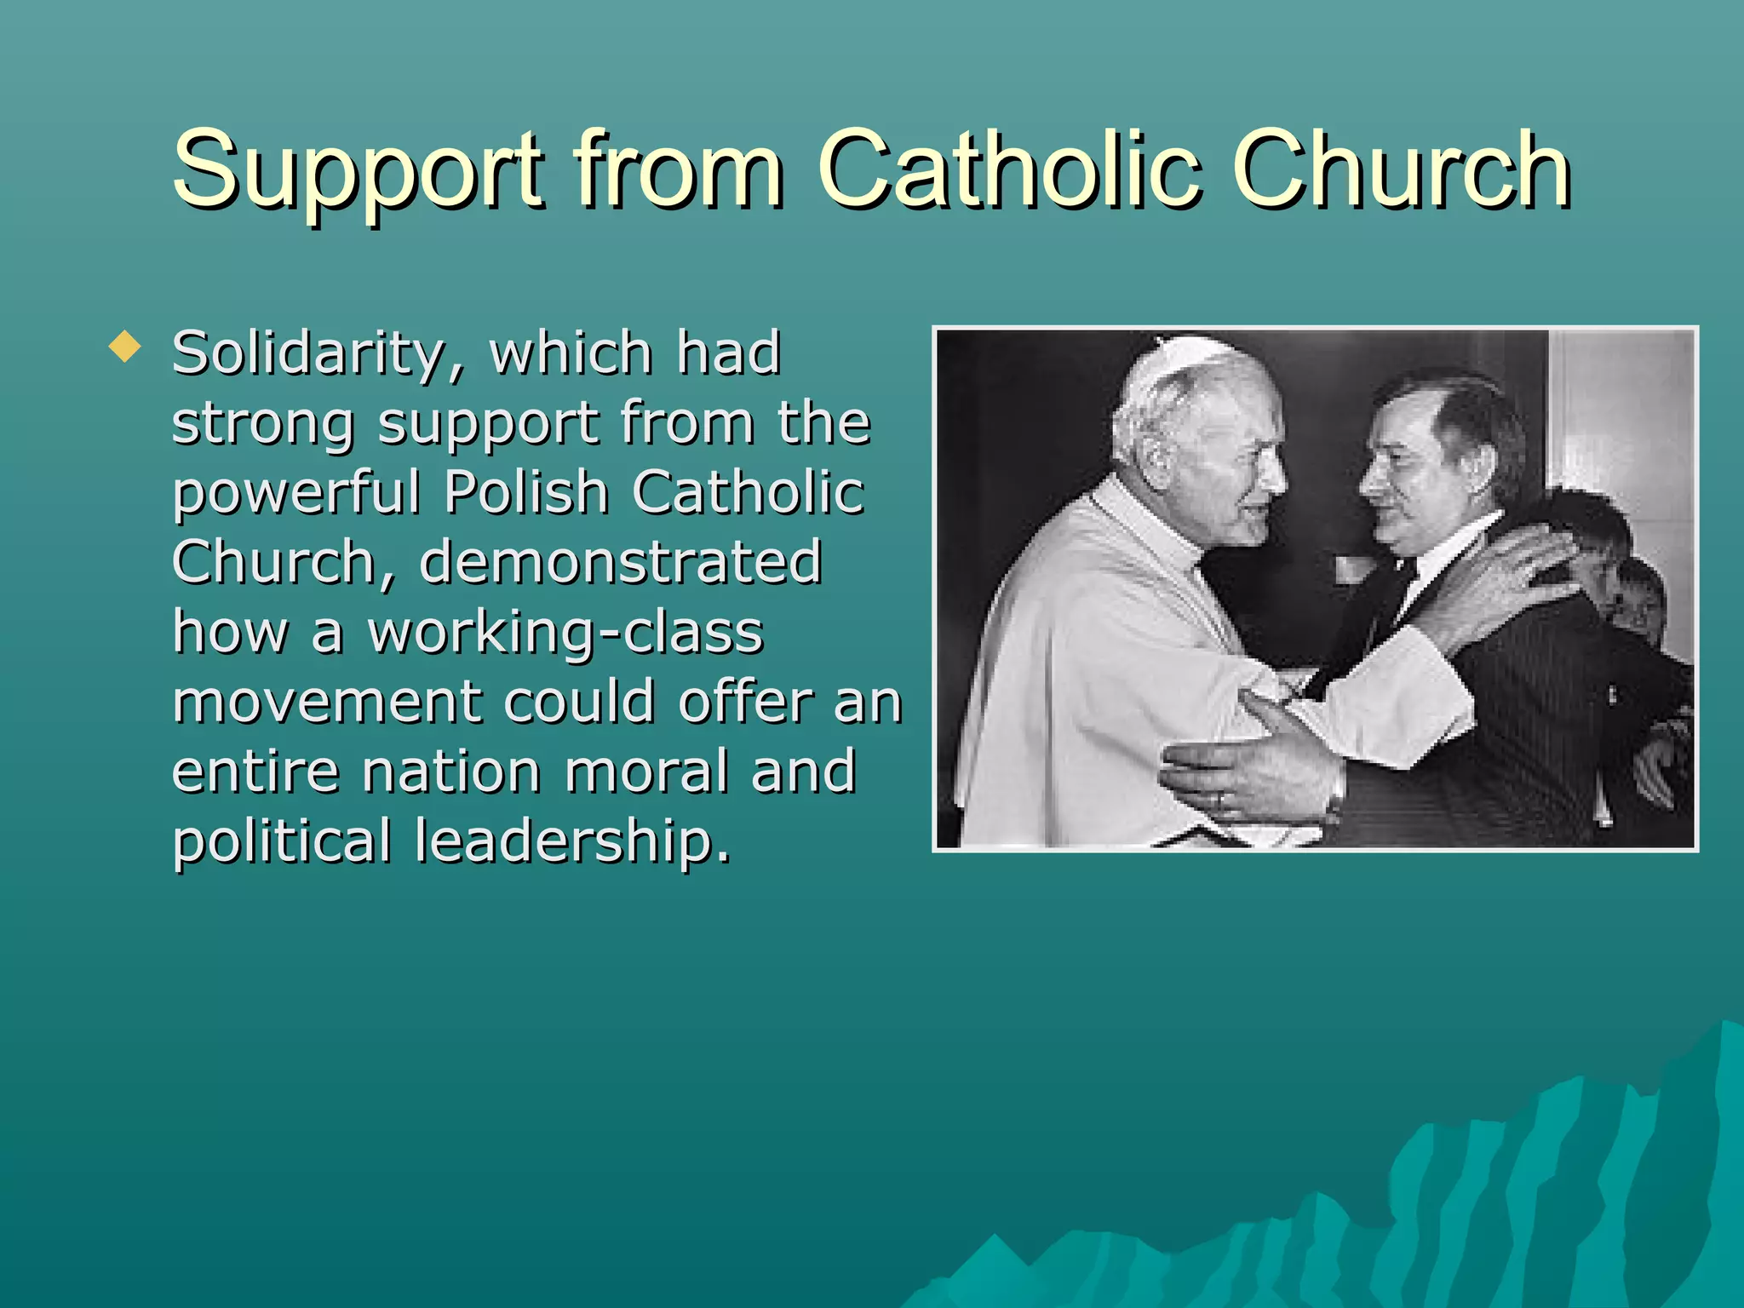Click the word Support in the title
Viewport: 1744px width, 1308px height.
[357, 170]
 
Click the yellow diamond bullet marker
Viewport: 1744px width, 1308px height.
[125, 347]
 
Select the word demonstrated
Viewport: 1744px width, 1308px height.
[620, 562]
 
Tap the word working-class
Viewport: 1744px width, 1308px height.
[565, 632]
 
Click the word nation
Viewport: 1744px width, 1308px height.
[451, 772]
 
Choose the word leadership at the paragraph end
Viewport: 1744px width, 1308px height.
[572, 841]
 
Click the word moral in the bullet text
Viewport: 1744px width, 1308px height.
[645, 772]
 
